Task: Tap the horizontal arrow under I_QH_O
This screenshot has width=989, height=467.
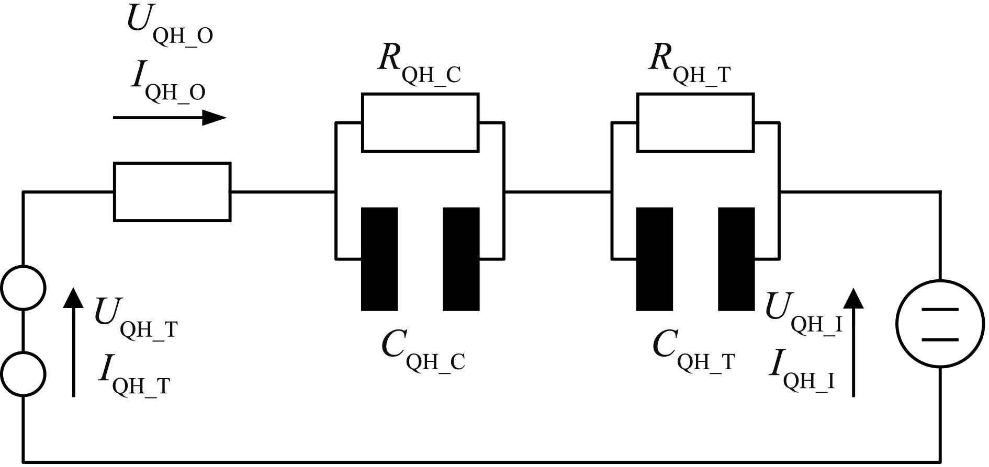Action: (x=170, y=118)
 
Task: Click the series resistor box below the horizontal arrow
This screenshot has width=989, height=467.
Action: (x=172, y=192)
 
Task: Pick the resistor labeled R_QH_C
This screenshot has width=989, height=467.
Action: (x=420, y=122)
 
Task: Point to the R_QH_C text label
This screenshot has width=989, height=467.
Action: (x=419, y=65)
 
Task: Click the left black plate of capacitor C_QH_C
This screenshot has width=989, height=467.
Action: (x=379, y=259)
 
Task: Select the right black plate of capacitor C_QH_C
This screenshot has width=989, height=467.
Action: (x=462, y=259)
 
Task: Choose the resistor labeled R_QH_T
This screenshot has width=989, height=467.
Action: (x=695, y=122)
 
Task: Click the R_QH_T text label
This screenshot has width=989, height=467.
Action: (x=690, y=65)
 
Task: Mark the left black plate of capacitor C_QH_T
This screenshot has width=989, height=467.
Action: (x=655, y=259)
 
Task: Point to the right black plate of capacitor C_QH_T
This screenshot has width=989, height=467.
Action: (x=736, y=259)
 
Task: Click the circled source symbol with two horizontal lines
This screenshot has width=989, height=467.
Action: (x=940, y=324)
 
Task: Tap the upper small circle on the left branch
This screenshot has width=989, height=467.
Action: (x=23, y=288)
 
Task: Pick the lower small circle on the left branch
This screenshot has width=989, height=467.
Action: (x=23, y=374)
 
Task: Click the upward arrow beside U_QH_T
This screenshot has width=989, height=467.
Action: (x=73, y=342)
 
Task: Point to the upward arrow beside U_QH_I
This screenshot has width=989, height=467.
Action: (x=854, y=342)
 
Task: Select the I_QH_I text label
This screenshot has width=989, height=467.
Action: (x=802, y=371)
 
